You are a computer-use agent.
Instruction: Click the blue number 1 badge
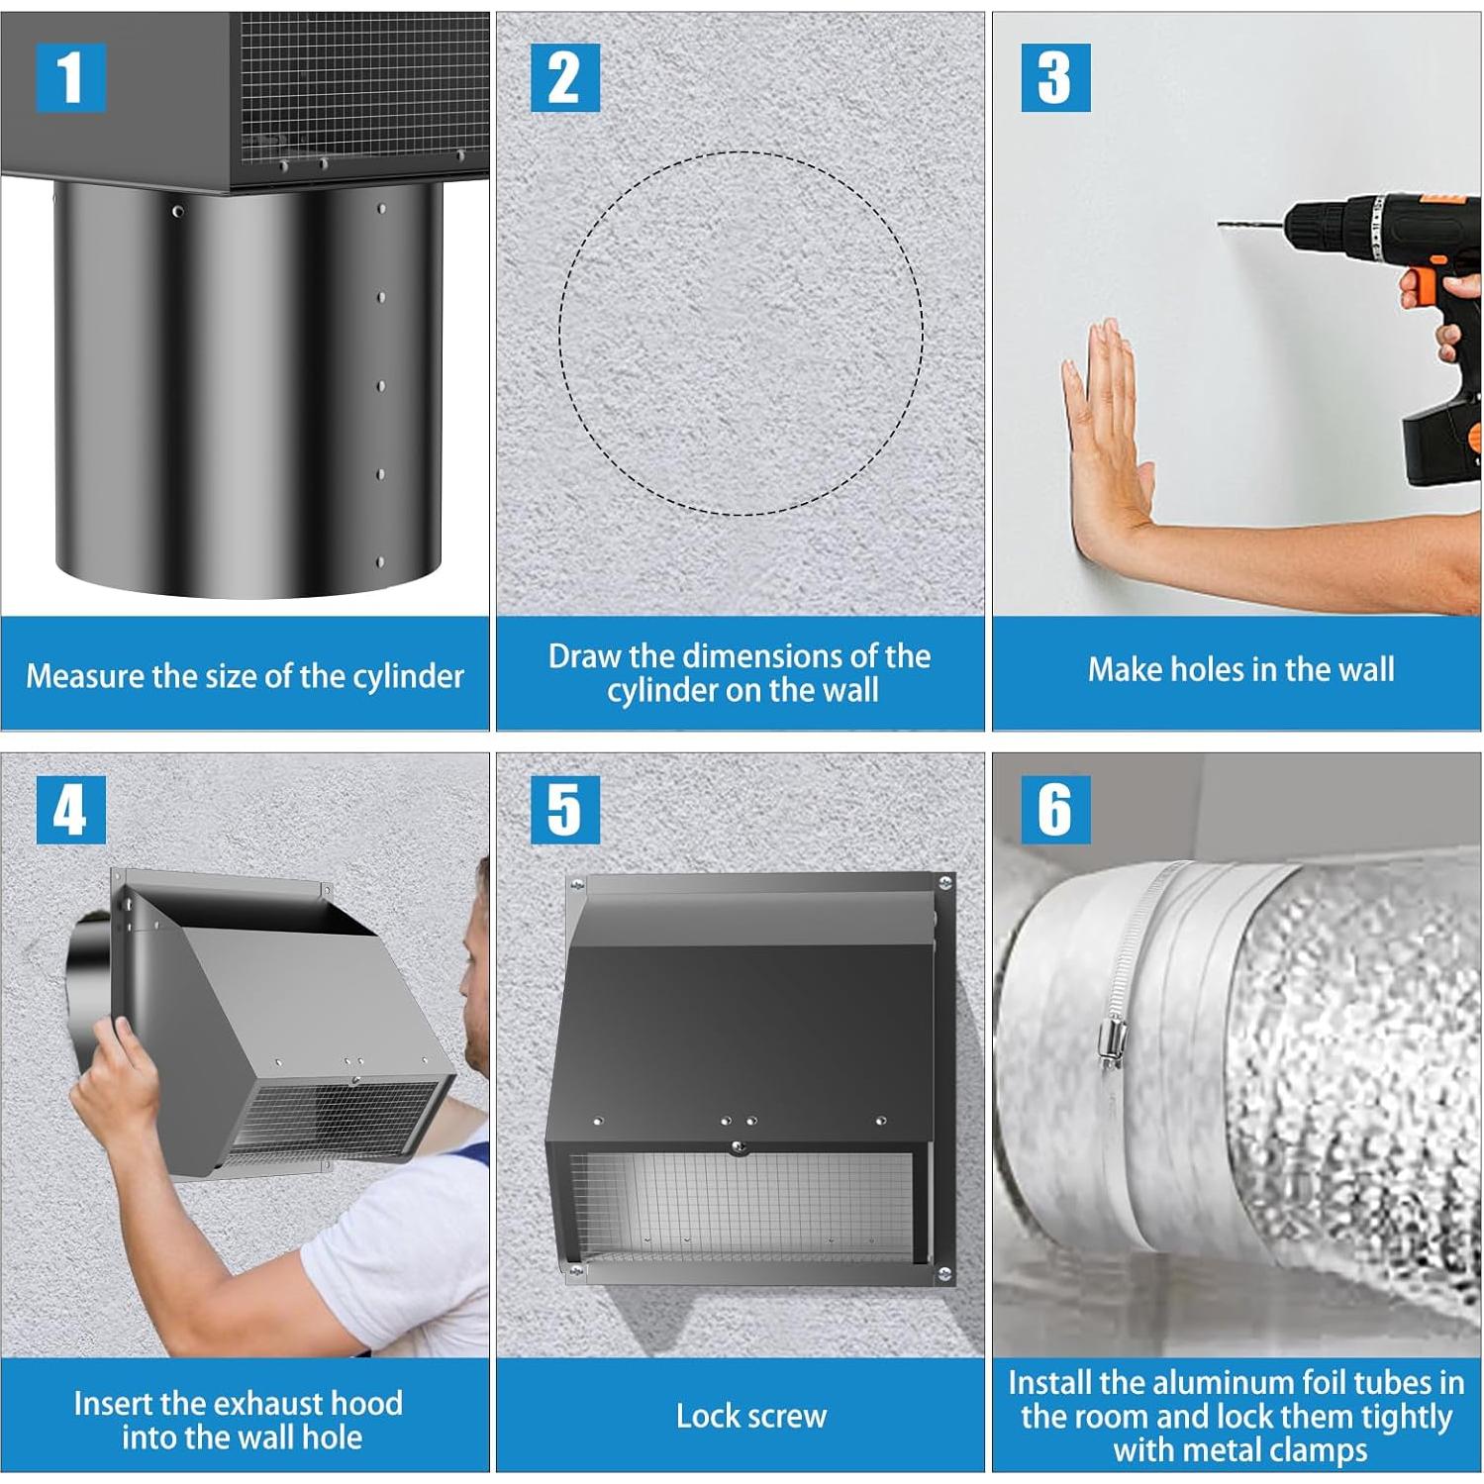70,77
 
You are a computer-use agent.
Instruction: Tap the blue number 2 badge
564,77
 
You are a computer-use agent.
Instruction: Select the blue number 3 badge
1055,77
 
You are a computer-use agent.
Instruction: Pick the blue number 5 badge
564,810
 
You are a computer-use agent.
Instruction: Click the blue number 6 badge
1055,810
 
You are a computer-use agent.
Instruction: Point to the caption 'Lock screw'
750,1416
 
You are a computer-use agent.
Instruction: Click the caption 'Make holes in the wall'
1240,669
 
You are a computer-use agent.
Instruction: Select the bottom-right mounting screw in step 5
944,1273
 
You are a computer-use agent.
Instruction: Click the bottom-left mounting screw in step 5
573,1266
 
